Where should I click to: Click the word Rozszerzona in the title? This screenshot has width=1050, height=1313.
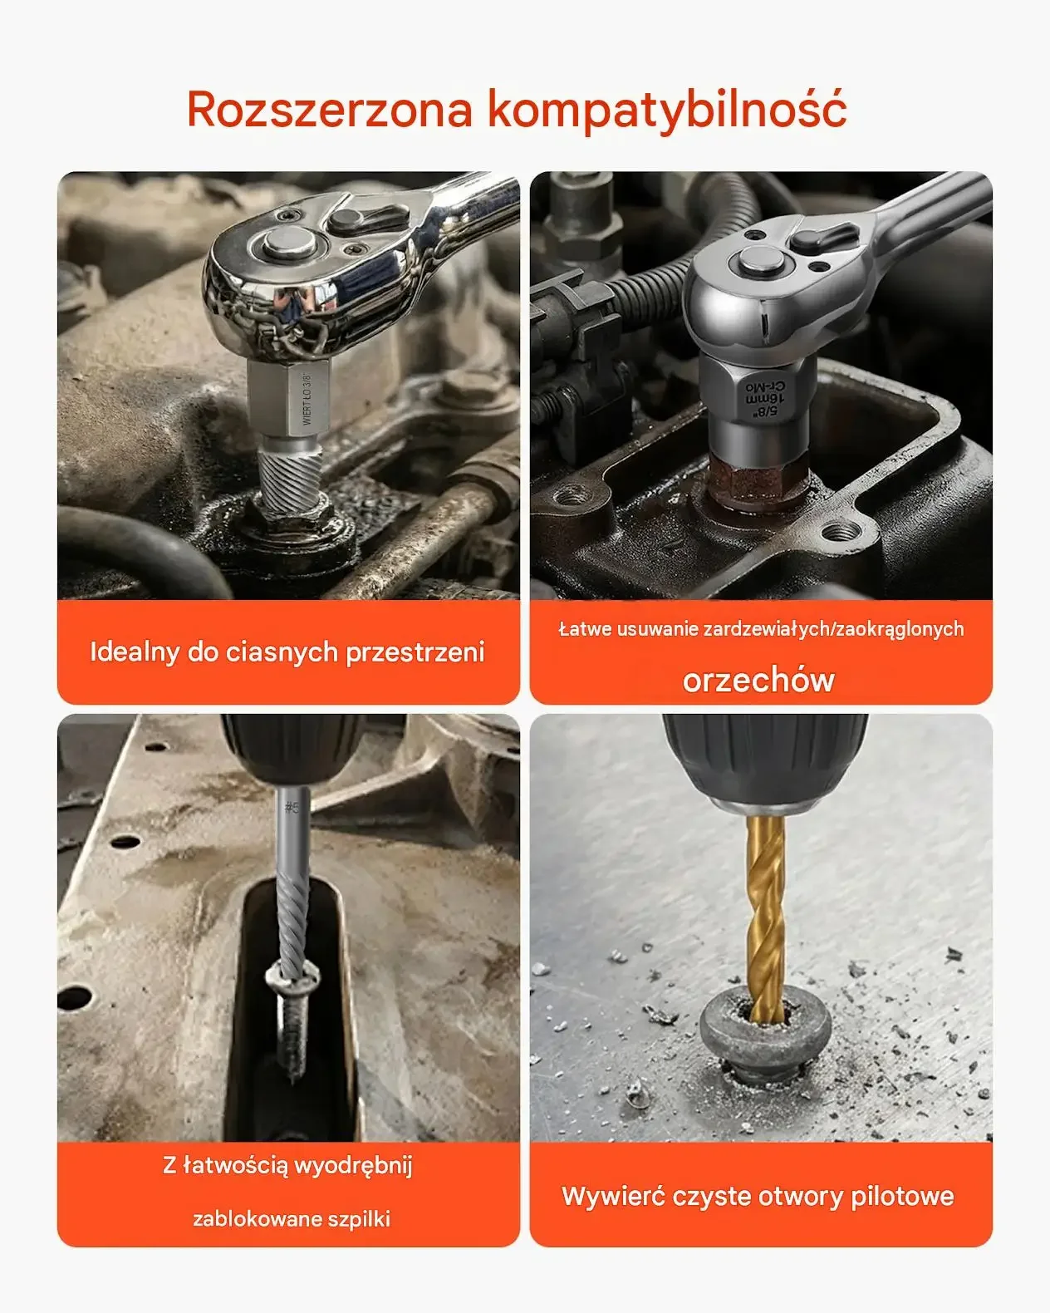[330, 110]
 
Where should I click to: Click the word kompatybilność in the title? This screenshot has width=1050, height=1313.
[667, 110]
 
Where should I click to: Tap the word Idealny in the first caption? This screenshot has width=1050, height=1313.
[135, 652]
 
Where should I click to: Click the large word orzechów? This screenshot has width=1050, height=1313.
[758, 681]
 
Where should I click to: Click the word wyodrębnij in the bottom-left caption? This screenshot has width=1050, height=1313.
[353, 1166]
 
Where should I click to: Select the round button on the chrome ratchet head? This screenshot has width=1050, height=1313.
[291, 242]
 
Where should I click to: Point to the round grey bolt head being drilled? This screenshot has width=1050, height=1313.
[765, 1032]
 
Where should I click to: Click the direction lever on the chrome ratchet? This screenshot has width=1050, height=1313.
[367, 217]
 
